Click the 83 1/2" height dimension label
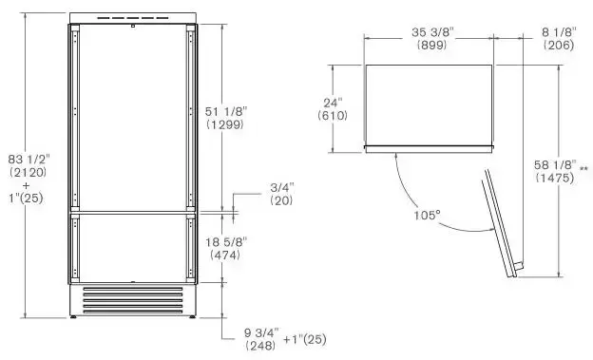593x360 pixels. click(x=29, y=160)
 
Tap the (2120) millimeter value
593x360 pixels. click(x=29, y=173)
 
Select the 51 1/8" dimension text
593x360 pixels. click(x=226, y=111)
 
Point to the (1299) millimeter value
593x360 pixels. click(x=225, y=124)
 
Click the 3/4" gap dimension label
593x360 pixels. click(x=281, y=187)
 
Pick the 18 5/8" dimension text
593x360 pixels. click(x=226, y=242)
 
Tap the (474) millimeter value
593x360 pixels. click(x=225, y=255)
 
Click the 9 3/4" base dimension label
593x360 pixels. click(x=261, y=332)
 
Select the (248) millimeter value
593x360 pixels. click(x=260, y=346)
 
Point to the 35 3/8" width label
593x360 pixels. click(x=432, y=32)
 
